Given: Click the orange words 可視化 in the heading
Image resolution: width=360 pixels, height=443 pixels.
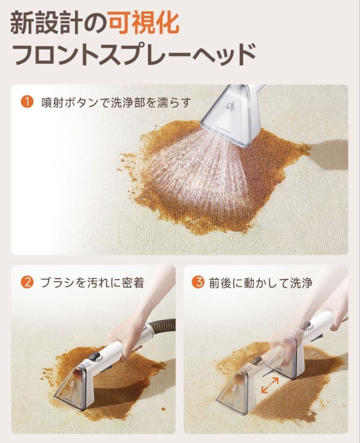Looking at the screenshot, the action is pyautogui.click(x=144, y=23).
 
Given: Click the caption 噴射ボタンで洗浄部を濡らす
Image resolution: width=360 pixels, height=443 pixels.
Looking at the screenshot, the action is pyautogui.click(x=116, y=102).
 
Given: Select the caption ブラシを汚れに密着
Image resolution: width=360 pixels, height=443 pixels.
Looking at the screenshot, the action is pyautogui.click(x=92, y=283).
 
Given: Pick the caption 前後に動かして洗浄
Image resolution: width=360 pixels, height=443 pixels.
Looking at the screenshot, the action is pyautogui.click(x=261, y=283).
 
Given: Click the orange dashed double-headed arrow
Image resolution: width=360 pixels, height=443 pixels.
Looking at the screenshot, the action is pyautogui.click(x=270, y=385).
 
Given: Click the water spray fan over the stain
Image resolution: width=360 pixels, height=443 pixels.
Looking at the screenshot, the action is pyautogui.click(x=198, y=169).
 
